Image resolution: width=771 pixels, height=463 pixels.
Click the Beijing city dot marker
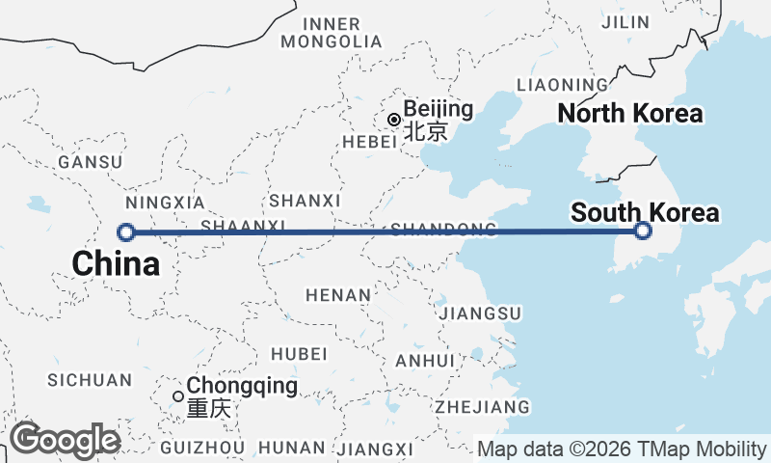394,120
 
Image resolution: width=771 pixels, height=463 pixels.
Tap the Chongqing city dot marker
178,395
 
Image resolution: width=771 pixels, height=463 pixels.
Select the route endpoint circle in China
125,231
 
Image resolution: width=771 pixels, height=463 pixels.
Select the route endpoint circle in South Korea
644,231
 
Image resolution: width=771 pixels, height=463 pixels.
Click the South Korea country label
645,212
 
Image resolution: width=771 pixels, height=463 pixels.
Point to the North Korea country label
630,114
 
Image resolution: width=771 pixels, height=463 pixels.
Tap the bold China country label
116,262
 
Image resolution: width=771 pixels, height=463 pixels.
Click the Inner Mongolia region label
331,33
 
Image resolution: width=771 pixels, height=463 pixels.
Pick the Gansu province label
91,162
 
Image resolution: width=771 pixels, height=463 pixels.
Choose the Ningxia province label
166,204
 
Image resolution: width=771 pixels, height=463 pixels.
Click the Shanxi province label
306,201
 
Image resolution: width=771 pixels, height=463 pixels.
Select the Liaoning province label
563,85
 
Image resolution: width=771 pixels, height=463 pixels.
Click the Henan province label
337,294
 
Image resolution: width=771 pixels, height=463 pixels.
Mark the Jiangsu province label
479,313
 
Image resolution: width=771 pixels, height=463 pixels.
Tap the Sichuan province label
89,380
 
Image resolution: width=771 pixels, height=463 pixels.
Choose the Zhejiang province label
482,406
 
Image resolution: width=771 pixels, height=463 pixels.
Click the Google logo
65,441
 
